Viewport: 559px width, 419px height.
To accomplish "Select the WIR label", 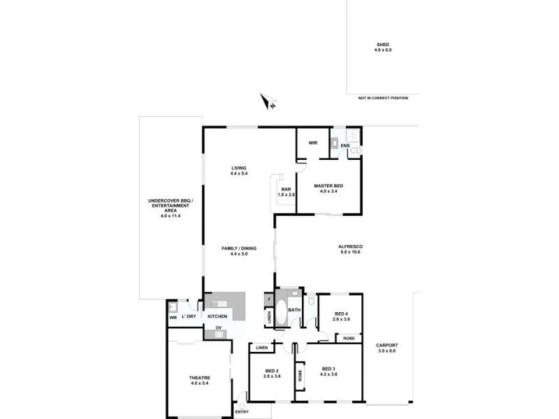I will (313, 143).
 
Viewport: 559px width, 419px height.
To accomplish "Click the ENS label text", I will (345, 145).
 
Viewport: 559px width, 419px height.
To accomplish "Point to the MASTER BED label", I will (328, 185).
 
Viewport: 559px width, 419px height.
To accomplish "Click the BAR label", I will (285, 189).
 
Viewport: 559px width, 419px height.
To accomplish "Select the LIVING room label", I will (240, 168).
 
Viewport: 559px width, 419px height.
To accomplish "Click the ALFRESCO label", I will (350, 247).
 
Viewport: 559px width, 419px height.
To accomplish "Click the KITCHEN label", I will (217, 316).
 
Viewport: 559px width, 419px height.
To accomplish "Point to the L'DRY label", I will (188, 317).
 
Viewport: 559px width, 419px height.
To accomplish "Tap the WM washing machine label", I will (173, 318).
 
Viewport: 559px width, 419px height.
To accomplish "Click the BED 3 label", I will (330, 368).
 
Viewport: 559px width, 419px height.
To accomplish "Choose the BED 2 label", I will (272, 371).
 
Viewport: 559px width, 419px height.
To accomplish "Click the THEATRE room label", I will (200, 378).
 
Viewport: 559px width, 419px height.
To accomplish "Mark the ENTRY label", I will (242, 411).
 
